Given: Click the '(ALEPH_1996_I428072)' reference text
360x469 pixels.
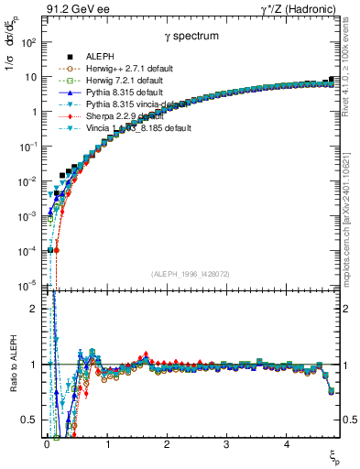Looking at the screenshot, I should pos(191,274).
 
